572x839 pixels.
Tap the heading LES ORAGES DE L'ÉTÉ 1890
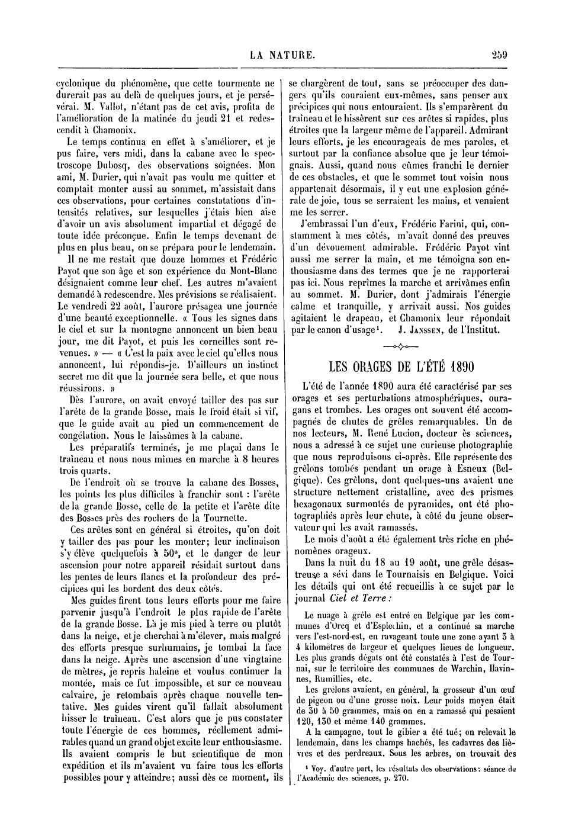point(402,367)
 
